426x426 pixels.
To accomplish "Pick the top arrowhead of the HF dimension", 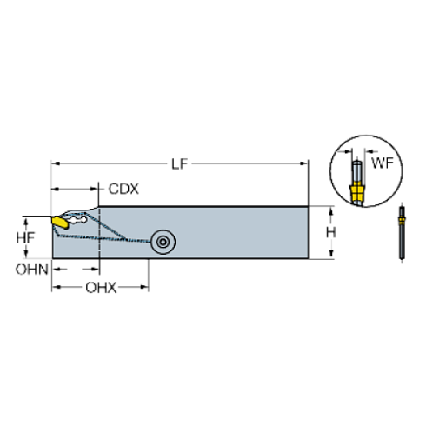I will (41, 219).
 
